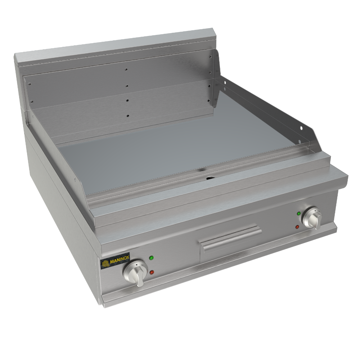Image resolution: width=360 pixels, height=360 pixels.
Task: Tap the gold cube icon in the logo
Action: pos(105,264)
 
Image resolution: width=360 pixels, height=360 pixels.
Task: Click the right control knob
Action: pos(312,218)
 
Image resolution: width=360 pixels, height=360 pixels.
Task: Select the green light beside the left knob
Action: pos(151,258)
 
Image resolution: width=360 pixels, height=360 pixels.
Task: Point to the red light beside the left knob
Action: pos(152,272)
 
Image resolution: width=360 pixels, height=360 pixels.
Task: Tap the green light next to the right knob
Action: pos(298,213)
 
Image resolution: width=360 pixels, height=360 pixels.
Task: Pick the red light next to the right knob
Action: pos(297,227)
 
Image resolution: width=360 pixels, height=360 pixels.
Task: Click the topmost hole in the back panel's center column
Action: pos(126,69)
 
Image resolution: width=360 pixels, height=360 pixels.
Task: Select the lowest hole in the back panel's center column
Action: pos(127,116)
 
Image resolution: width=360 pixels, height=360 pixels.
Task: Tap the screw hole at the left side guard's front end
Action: pos(75,179)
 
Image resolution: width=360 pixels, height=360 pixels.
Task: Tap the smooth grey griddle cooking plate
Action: pos(180,144)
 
